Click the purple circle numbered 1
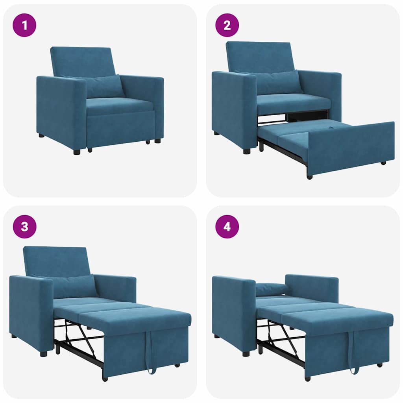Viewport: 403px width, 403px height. [x=24, y=25]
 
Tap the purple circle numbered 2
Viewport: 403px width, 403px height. [x=227, y=25]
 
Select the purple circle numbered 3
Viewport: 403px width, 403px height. [x=24, y=227]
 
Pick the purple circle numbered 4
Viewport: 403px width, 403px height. [x=227, y=227]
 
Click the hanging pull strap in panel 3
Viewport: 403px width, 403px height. [x=150, y=352]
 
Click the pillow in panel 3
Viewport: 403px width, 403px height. [x=75, y=286]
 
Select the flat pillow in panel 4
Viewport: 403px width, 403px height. [x=272, y=289]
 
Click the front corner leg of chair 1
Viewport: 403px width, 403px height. [x=77, y=152]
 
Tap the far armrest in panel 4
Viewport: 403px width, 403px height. [x=312, y=287]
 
